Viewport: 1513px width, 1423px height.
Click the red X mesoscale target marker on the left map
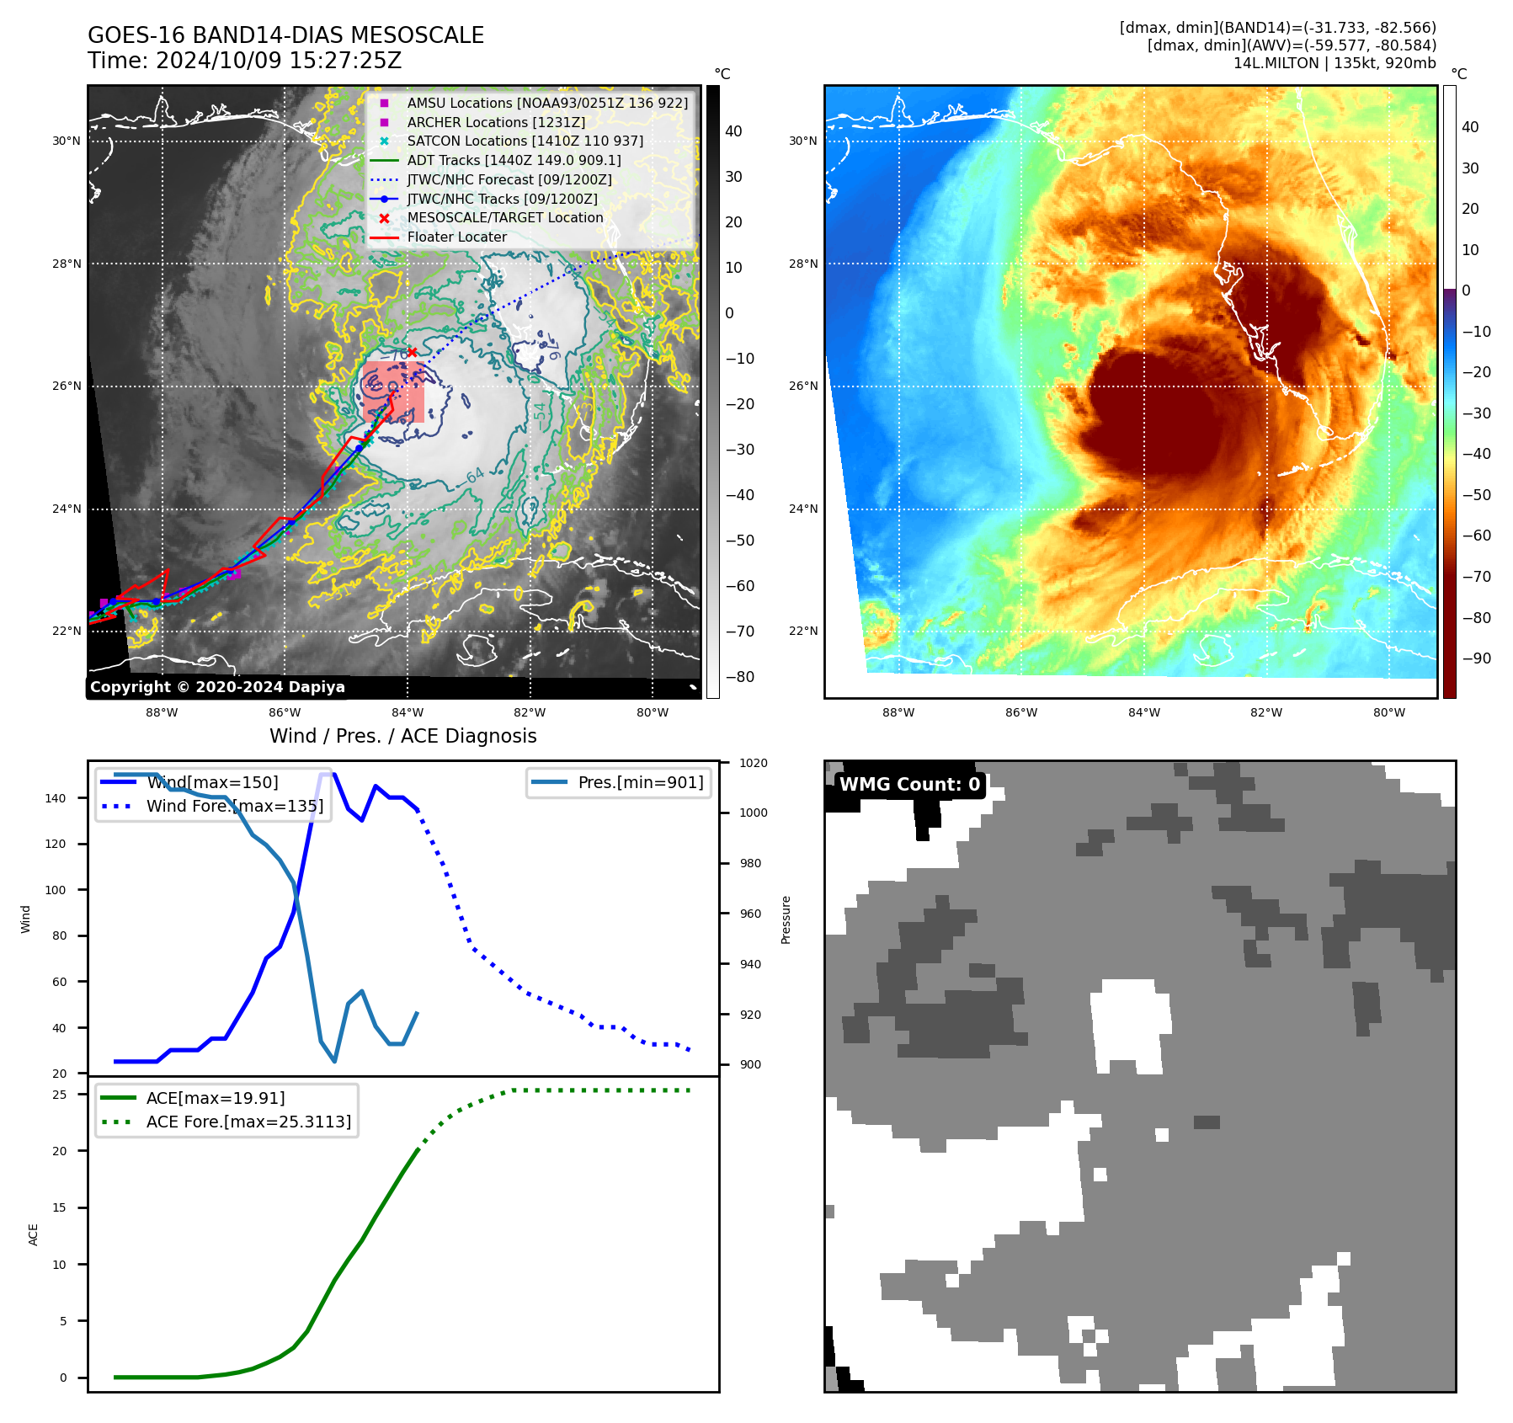412,352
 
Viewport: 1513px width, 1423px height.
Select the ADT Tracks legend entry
514,160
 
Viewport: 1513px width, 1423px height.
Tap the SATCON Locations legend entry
525,141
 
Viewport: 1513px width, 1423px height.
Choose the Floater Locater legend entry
456,237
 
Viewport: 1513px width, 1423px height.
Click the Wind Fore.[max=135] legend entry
234,806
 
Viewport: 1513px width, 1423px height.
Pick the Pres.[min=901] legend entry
640,782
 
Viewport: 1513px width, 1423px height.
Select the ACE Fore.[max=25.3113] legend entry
248,1122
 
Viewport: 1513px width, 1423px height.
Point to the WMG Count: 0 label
909,784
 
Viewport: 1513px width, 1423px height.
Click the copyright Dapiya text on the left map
217,687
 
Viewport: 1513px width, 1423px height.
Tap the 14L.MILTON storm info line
1334,63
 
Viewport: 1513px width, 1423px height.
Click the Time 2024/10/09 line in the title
244,61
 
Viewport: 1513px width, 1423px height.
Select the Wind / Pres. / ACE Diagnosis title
402,736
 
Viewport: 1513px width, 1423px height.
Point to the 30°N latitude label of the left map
67,141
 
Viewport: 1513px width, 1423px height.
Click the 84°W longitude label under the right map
1143,712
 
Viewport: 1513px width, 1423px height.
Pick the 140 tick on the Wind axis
56,798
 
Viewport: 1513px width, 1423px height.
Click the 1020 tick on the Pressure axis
754,763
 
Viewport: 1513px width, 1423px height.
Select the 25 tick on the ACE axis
60,1095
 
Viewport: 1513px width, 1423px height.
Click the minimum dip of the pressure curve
334,1061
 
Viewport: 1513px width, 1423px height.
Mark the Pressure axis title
786,919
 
